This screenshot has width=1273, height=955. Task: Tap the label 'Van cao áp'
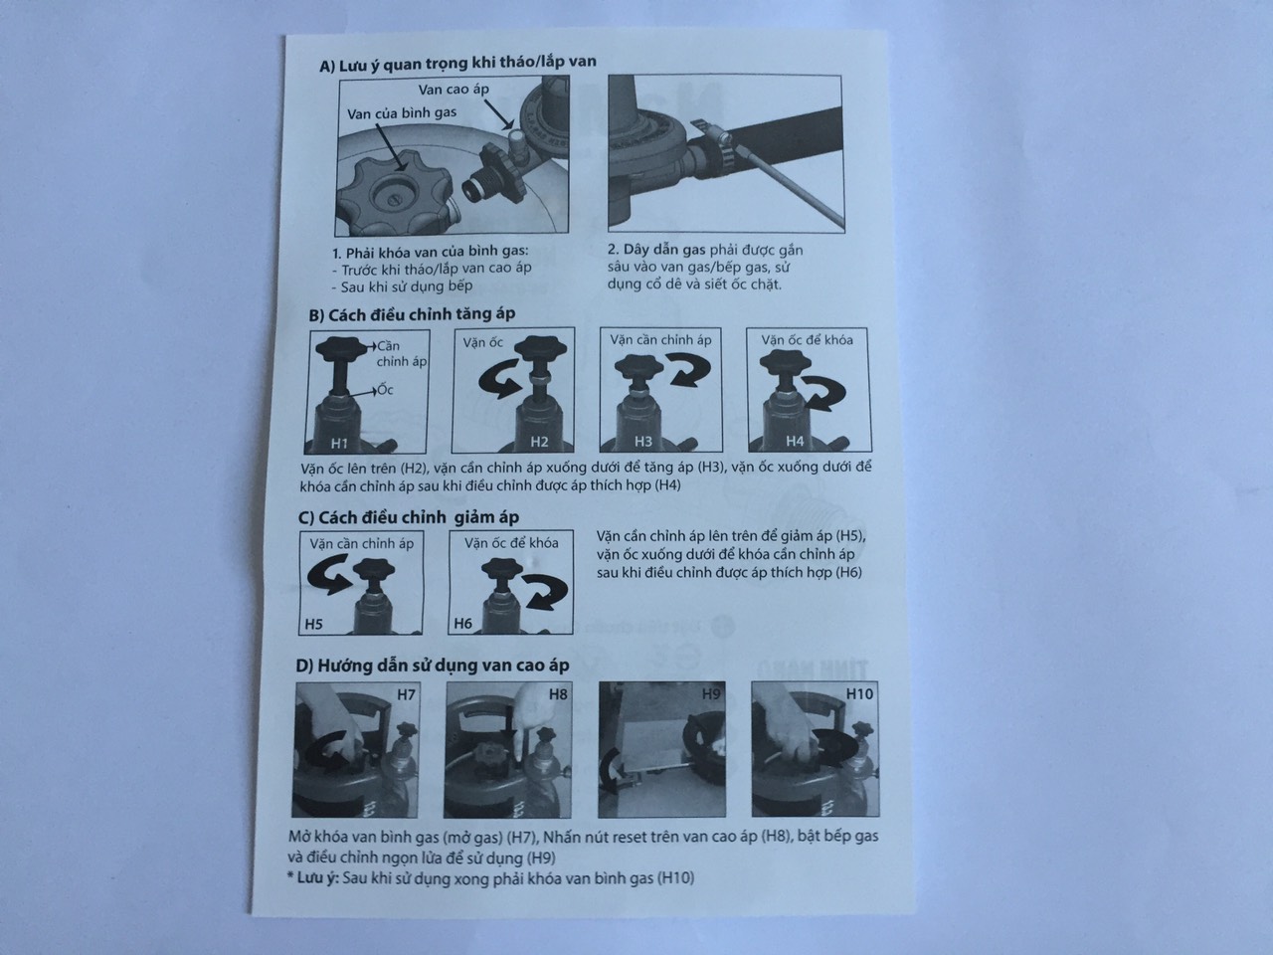454,90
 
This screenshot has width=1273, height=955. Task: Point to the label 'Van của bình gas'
402,113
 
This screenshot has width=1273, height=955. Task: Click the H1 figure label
339,444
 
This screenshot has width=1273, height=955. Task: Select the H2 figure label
539,443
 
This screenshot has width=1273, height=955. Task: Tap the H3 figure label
642,442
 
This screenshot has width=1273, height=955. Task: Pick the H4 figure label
795,442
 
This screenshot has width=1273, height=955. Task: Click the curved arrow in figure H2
500,378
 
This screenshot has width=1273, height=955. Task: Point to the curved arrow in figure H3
688,369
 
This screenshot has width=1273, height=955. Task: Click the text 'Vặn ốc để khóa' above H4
808,340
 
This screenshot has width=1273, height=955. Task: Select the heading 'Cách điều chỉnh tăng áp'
413,314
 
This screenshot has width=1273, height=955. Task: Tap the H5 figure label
313,624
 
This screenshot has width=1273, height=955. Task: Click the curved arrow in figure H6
544,591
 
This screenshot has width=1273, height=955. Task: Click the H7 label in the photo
406,693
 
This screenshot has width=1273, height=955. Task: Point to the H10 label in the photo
859,693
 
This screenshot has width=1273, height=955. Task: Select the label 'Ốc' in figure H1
385,389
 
